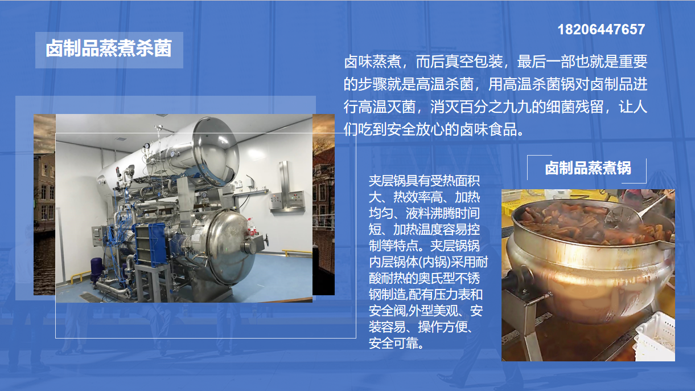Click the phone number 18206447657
pos(601,30)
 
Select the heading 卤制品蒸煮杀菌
pos(109,49)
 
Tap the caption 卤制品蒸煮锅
pos(588,168)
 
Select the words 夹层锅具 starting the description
pos(393,181)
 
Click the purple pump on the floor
pos(95,270)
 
